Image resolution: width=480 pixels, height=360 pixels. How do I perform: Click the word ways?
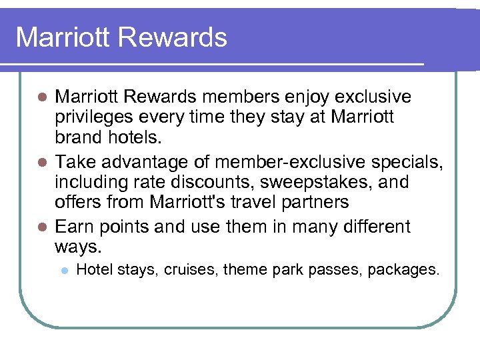coord(77,248)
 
